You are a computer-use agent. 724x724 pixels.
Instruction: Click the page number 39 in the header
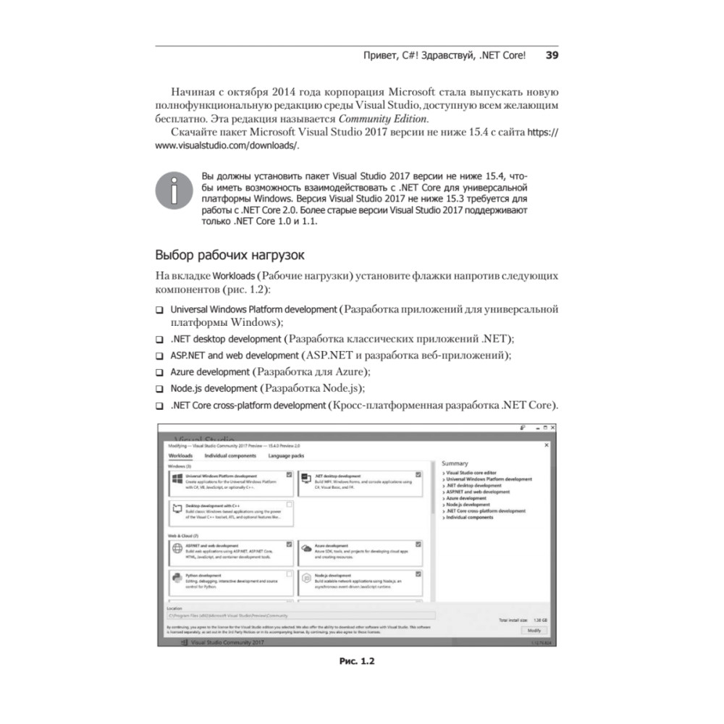[552, 55]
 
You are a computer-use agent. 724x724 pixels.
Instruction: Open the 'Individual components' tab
[230, 455]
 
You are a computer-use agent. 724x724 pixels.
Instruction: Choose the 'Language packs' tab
[286, 455]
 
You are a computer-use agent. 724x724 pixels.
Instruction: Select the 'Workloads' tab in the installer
[180, 455]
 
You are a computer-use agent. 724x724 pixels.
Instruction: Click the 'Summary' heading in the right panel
[455, 463]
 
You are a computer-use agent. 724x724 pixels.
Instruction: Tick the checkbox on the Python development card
[290, 574]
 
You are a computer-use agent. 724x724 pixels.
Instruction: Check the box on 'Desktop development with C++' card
[290, 504]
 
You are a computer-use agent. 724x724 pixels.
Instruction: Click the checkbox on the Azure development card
[418, 543]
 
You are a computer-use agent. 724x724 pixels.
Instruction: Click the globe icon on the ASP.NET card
[177, 549]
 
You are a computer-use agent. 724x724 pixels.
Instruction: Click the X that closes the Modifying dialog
[546, 446]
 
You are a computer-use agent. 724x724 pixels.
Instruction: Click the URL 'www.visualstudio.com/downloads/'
[226, 146]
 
